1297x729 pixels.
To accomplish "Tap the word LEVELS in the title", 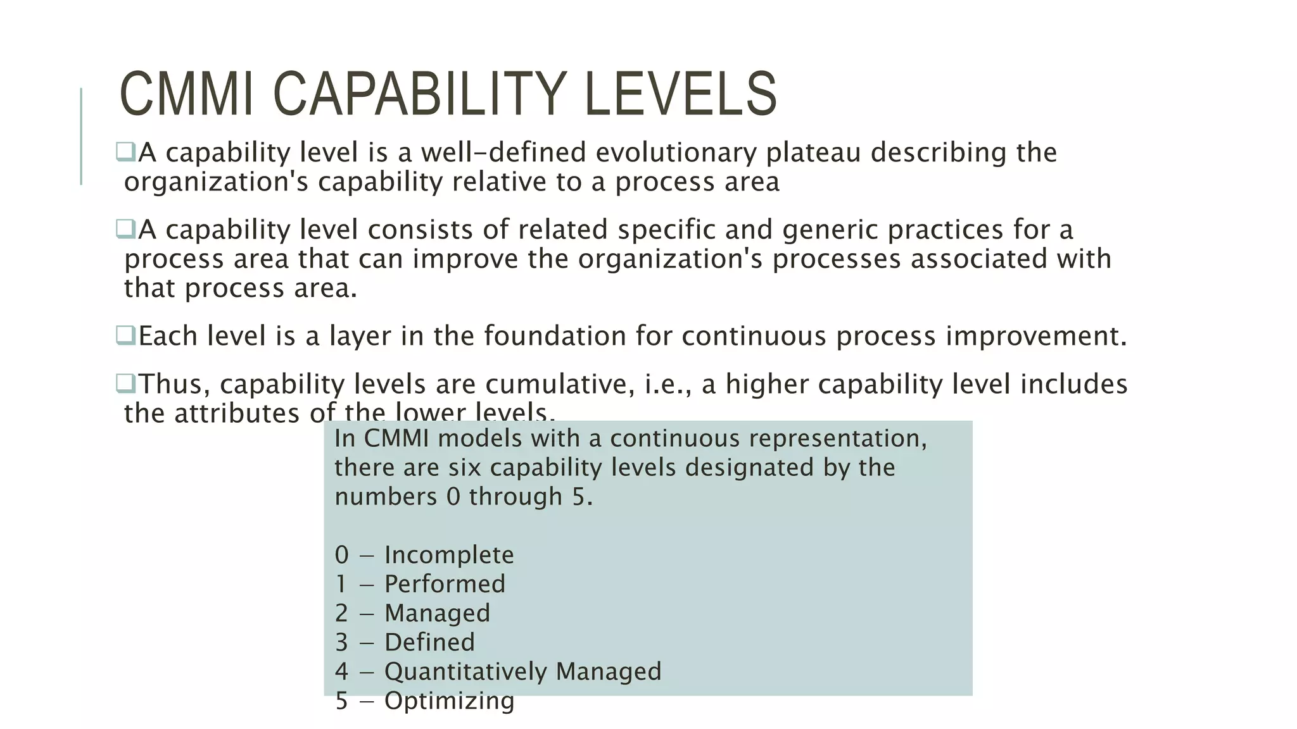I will pos(681,94).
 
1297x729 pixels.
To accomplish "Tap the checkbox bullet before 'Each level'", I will pos(125,335).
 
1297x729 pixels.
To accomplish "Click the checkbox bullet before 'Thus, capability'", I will pos(125,383).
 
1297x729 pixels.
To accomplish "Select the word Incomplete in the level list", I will pos(449,555).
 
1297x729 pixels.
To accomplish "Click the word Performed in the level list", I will pos(445,584).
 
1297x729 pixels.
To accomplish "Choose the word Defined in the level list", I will pos(429,642).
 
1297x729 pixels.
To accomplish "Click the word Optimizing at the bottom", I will pos(449,701).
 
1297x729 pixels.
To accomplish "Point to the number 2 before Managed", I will pos(341,613).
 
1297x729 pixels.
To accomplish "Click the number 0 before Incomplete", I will pos(341,555).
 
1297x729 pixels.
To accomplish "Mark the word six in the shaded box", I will pos(465,468).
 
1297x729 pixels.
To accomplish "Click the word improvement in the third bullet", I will pos(1035,335).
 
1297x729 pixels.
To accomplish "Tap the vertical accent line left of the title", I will pos(81,136).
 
